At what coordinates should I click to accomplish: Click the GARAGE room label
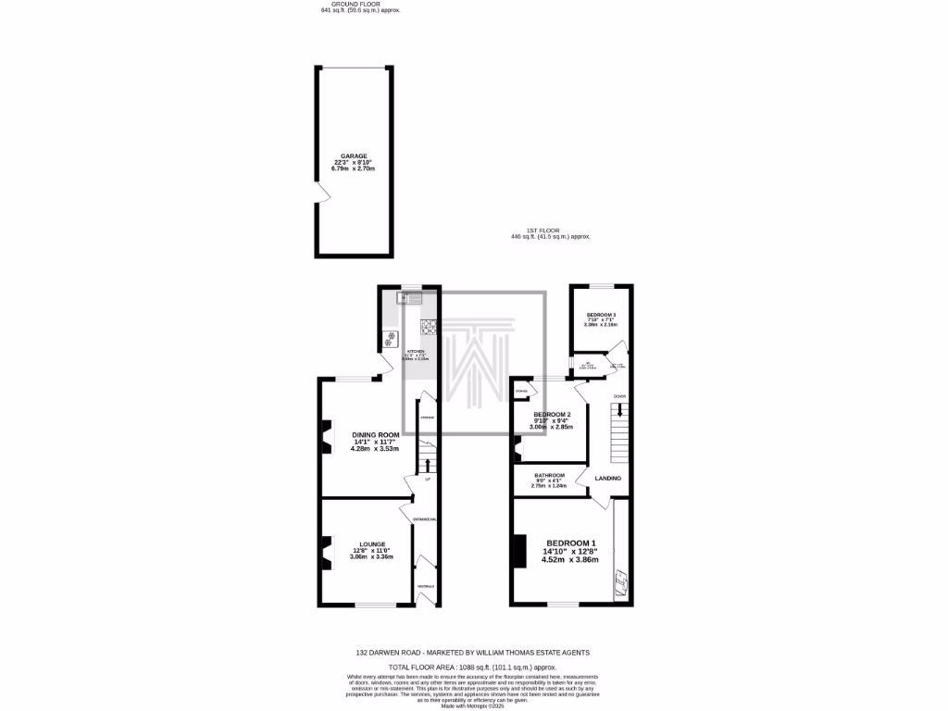point(354,156)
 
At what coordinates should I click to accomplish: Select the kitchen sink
point(408,298)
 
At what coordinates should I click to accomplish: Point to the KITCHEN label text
point(416,352)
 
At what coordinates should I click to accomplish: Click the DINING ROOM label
point(375,435)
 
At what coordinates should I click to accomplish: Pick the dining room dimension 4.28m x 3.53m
point(375,449)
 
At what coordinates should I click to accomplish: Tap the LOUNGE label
point(371,543)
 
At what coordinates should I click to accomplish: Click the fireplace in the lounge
point(326,552)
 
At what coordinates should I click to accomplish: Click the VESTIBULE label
point(426,587)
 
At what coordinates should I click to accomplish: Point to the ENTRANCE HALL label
point(424,519)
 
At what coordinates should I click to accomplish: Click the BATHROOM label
point(550,475)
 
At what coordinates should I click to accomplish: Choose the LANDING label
point(607,478)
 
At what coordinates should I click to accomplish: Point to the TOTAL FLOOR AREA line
point(473,667)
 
